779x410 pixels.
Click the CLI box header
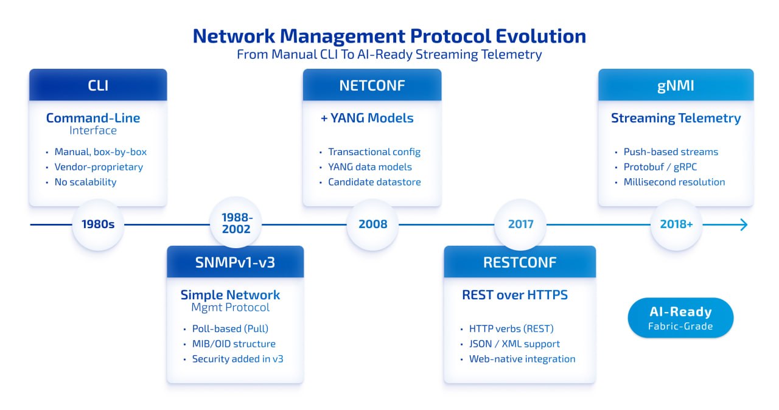click(x=98, y=85)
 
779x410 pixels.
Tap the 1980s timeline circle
click(x=98, y=224)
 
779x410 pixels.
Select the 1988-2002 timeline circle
click(x=236, y=224)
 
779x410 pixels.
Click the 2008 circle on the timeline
click(x=372, y=224)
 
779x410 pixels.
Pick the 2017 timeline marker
click(x=520, y=224)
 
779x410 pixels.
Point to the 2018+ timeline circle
click(x=676, y=224)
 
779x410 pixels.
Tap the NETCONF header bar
click(x=372, y=85)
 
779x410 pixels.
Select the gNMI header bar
click(x=676, y=85)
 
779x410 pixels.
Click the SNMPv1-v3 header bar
click(x=235, y=262)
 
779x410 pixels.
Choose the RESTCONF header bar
click(x=520, y=262)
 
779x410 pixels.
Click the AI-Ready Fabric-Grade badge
click(x=680, y=318)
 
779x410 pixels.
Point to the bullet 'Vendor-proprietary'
click(x=99, y=167)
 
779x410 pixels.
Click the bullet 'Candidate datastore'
click(x=374, y=182)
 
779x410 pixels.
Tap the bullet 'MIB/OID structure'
click(x=234, y=344)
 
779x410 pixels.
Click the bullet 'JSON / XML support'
click(x=514, y=344)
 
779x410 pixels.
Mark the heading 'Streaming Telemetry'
click(x=676, y=118)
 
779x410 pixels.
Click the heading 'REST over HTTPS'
click(x=515, y=295)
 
